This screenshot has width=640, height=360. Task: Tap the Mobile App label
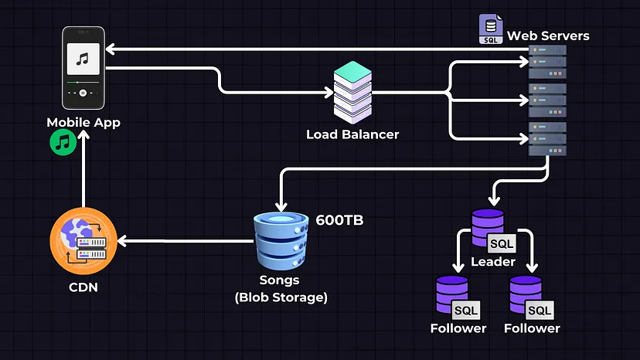(83, 123)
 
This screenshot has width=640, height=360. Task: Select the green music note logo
(63, 143)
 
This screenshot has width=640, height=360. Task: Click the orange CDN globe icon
(83, 241)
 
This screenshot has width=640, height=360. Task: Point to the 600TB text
(339, 220)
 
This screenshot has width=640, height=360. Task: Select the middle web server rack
(547, 100)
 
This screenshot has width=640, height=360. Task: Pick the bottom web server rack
(547, 138)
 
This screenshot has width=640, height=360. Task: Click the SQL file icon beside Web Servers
(490, 29)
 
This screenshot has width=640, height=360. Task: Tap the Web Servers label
(548, 36)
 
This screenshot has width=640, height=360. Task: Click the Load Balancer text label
(352, 134)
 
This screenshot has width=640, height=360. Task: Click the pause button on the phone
(83, 92)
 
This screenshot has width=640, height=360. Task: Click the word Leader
(493, 262)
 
